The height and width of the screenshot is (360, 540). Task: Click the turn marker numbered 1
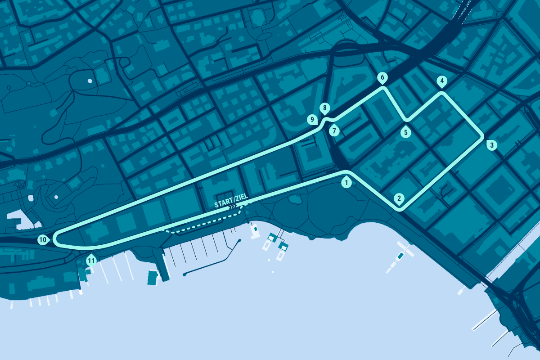pos(346,183)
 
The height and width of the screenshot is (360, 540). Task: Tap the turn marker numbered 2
pos(398,198)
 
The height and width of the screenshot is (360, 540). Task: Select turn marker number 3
pos(491,145)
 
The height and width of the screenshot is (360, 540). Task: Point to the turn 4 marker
pos(442,81)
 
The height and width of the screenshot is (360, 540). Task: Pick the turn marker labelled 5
pos(406,132)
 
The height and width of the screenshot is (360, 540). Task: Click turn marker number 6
pos(382,78)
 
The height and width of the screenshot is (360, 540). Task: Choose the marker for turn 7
pos(334,131)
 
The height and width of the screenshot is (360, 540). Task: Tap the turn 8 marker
pos(324,108)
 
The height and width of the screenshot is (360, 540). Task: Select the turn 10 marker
pos(43,240)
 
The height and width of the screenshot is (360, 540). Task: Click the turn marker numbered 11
pos(91,260)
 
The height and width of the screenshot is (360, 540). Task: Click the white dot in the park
pos(90,81)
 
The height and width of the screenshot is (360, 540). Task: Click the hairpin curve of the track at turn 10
pos(54,239)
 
